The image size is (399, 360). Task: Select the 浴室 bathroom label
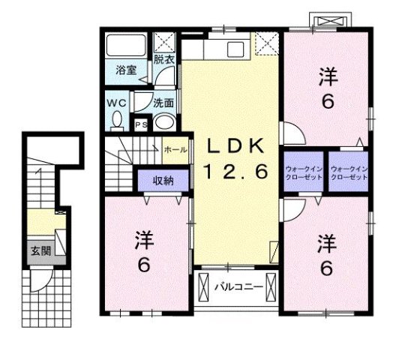point(126,71)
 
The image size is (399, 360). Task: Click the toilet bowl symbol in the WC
point(117,120)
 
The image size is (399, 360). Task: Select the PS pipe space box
point(140,124)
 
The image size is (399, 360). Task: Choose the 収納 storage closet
point(159,180)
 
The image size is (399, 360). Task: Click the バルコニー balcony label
point(236,286)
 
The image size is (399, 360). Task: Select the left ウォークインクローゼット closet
point(304,173)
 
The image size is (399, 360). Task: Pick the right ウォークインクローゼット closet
point(349,173)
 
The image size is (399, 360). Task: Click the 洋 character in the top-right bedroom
point(327,76)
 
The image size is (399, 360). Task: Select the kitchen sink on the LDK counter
point(233,49)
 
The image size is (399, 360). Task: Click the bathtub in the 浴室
point(126,44)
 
